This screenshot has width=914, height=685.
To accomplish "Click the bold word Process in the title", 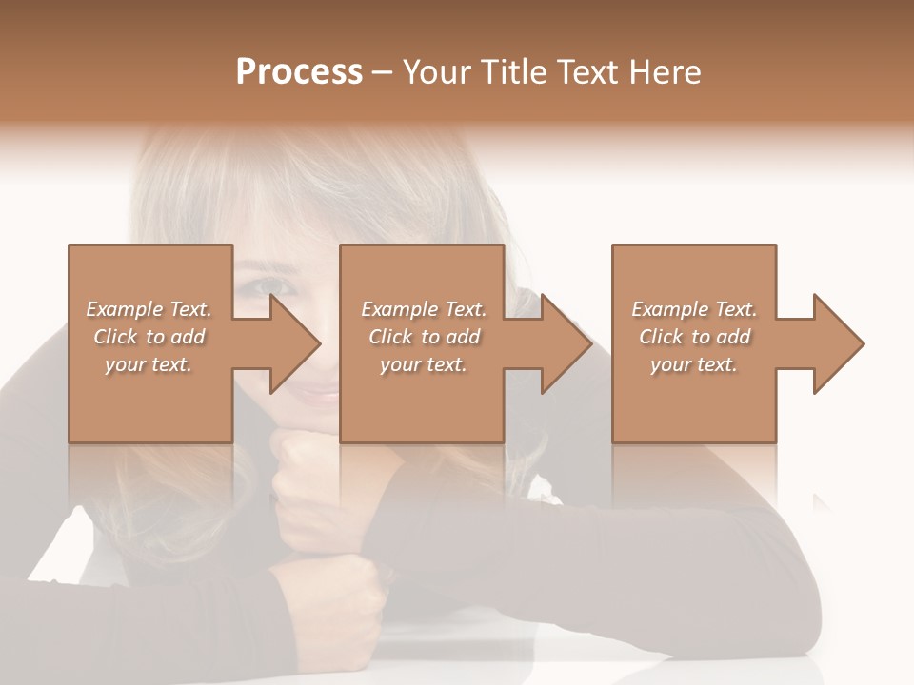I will tap(299, 72).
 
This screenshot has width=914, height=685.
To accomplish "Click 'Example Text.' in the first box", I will tap(149, 308).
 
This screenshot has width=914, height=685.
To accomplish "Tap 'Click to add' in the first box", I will tap(149, 336).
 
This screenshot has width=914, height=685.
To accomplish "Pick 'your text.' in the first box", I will tap(149, 363).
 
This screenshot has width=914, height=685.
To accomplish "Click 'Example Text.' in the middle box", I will tap(423, 308).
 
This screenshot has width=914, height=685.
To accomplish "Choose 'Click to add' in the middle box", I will tap(423, 336).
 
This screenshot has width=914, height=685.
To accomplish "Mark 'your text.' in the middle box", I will tap(423, 363).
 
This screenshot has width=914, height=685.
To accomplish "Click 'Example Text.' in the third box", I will tap(694, 308).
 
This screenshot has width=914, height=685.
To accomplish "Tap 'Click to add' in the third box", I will tap(694, 336).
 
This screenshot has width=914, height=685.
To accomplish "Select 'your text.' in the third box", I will tap(694, 363).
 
